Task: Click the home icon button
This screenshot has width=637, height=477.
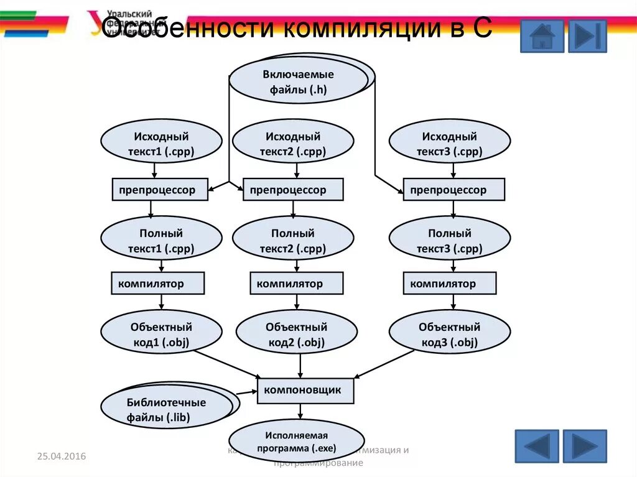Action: click(542, 36)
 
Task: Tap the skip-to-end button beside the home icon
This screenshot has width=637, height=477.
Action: click(587, 36)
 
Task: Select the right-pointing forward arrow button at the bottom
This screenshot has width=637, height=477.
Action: click(584, 446)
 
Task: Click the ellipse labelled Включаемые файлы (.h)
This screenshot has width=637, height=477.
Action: click(298, 81)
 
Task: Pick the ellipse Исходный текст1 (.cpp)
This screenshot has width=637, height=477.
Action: click(161, 144)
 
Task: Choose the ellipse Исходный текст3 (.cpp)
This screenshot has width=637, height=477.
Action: click(449, 144)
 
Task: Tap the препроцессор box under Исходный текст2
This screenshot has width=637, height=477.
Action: click(292, 190)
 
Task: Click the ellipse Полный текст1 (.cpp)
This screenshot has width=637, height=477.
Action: click(161, 241)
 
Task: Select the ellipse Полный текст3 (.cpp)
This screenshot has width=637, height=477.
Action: click(449, 241)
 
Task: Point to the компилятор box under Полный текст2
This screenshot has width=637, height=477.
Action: click(296, 284)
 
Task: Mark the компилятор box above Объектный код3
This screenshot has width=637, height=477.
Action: click(449, 284)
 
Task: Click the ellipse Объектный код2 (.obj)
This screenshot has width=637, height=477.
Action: click(297, 334)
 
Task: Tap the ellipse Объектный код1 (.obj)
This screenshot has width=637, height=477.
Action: click(161, 334)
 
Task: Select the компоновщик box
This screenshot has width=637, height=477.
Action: click(305, 391)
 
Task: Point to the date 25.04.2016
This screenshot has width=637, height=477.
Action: click(61, 457)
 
